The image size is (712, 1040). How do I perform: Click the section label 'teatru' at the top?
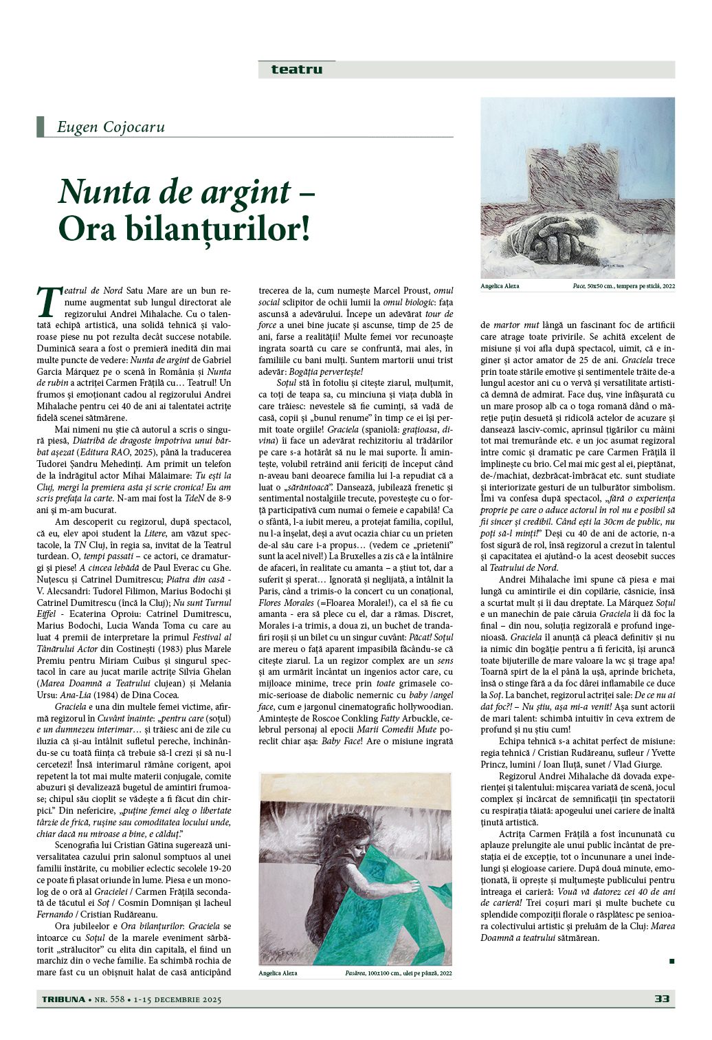pos(296,69)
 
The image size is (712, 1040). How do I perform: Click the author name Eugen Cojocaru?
pos(111,127)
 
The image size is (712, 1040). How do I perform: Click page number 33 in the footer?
pos(662,999)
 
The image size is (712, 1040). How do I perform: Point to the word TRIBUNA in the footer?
pos(62,999)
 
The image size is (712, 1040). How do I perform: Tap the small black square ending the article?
pos(671,961)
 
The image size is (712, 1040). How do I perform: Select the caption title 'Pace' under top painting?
pos(579,286)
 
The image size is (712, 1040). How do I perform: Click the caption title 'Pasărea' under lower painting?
pos(355,973)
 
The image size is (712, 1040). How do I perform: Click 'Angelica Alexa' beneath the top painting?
pos(500,286)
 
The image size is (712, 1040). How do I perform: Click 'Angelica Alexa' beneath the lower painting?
pos(278,973)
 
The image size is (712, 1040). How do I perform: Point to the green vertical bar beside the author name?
pos(41,127)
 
